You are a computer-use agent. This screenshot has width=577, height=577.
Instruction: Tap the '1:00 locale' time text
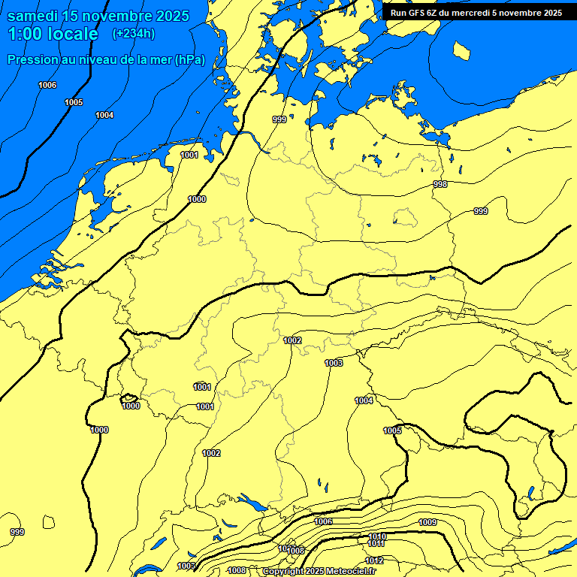click(x=53, y=34)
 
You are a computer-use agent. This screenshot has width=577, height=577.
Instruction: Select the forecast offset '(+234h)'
click(x=134, y=34)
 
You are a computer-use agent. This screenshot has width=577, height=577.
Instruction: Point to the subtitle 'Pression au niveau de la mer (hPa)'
click(x=106, y=60)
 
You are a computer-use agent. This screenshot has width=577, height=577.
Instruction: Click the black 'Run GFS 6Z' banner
click(x=476, y=13)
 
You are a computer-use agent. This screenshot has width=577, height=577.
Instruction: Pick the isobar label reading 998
click(x=440, y=184)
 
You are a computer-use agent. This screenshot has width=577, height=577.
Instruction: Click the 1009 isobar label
click(x=427, y=522)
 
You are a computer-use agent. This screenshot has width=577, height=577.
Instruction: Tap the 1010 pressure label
click(x=377, y=536)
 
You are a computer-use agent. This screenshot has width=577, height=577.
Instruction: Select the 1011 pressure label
click(x=376, y=544)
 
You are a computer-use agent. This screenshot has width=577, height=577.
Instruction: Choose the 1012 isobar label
click(x=374, y=561)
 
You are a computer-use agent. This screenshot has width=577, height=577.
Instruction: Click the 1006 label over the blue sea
click(x=47, y=85)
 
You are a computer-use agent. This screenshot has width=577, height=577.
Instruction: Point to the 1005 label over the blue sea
click(x=74, y=102)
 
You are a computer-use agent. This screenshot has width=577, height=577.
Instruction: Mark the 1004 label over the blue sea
click(x=104, y=115)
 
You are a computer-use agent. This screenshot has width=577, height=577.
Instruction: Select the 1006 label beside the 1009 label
click(x=323, y=521)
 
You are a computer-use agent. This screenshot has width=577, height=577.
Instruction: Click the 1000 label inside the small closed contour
click(x=131, y=406)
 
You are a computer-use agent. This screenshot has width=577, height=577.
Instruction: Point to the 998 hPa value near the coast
click(x=440, y=184)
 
